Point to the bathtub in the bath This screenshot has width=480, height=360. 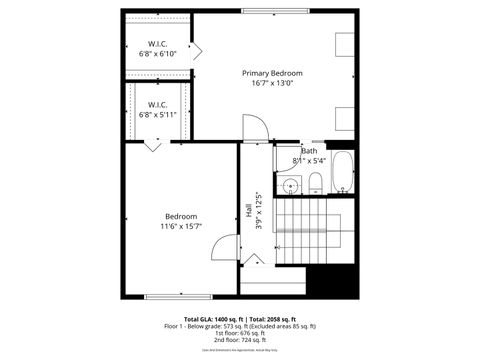(x=341, y=173)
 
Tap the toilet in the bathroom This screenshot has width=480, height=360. (x=315, y=182)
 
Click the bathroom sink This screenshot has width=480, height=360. (x=289, y=184)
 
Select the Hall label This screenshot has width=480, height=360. (x=248, y=211)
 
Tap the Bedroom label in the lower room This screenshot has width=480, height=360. (x=181, y=216)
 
